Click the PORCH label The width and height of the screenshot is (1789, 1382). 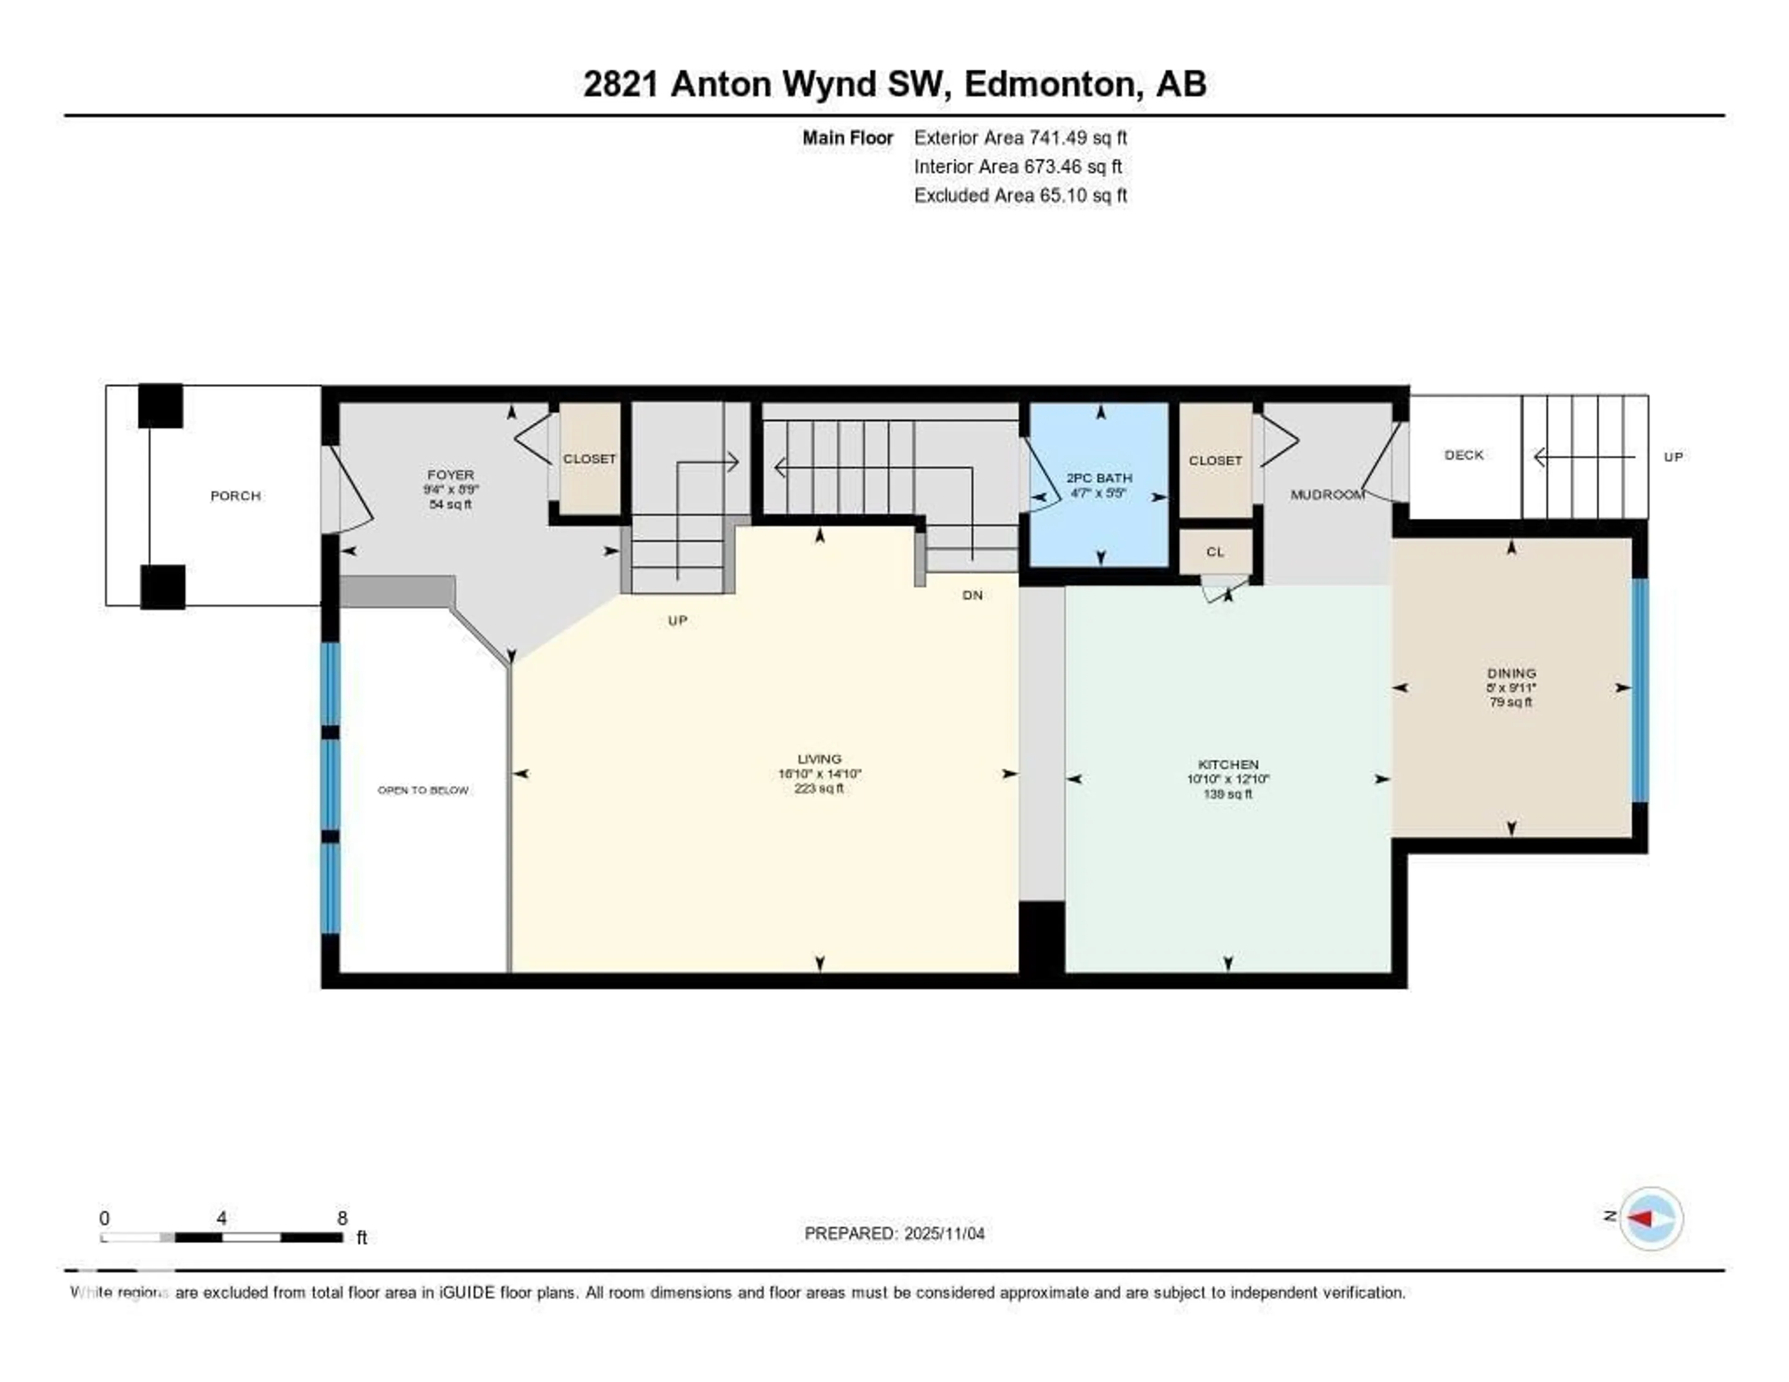[x=235, y=496]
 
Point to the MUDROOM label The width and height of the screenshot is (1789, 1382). [x=1326, y=495]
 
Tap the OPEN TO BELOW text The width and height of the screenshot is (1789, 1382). [x=423, y=791]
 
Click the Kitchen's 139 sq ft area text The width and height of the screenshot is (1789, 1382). [x=1227, y=794]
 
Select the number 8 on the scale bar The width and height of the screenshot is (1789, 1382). [x=342, y=1218]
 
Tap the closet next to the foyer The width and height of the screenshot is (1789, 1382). [x=589, y=459]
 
